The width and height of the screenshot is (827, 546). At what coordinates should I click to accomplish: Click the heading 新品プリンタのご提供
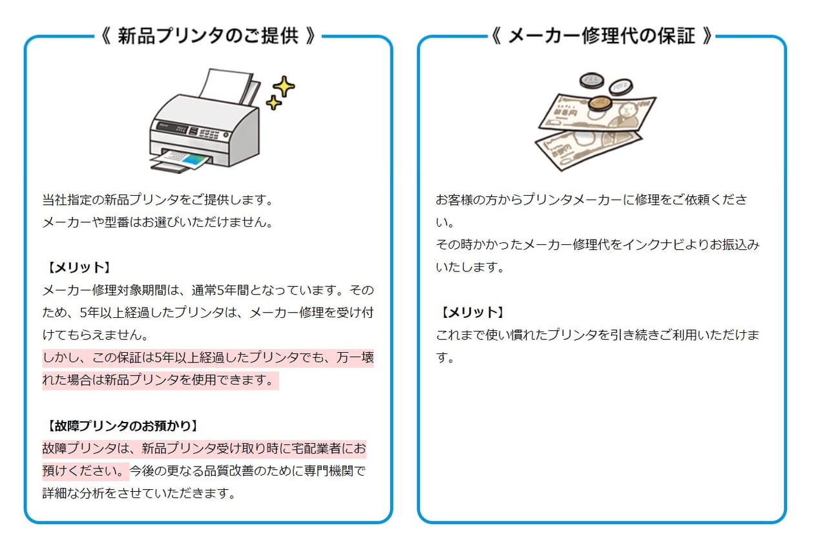[208, 36]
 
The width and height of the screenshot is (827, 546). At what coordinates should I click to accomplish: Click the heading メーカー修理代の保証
[602, 36]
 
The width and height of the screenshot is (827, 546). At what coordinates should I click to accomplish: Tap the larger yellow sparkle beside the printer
[284, 87]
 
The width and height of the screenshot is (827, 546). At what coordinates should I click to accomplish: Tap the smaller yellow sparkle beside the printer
[273, 103]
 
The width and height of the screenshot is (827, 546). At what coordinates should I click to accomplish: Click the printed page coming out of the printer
[180, 160]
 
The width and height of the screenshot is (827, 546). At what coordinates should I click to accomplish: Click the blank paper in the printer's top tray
[226, 86]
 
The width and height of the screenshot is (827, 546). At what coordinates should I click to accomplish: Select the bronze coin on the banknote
[601, 104]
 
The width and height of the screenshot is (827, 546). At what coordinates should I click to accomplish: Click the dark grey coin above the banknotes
[592, 81]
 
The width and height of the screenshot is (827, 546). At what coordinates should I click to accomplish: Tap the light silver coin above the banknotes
[621, 87]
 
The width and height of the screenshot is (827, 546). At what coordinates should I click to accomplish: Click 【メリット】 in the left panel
[79, 268]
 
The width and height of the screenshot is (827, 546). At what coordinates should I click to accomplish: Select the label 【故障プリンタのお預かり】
[123, 426]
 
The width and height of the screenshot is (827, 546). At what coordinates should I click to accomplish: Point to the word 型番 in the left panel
[117, 222]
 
